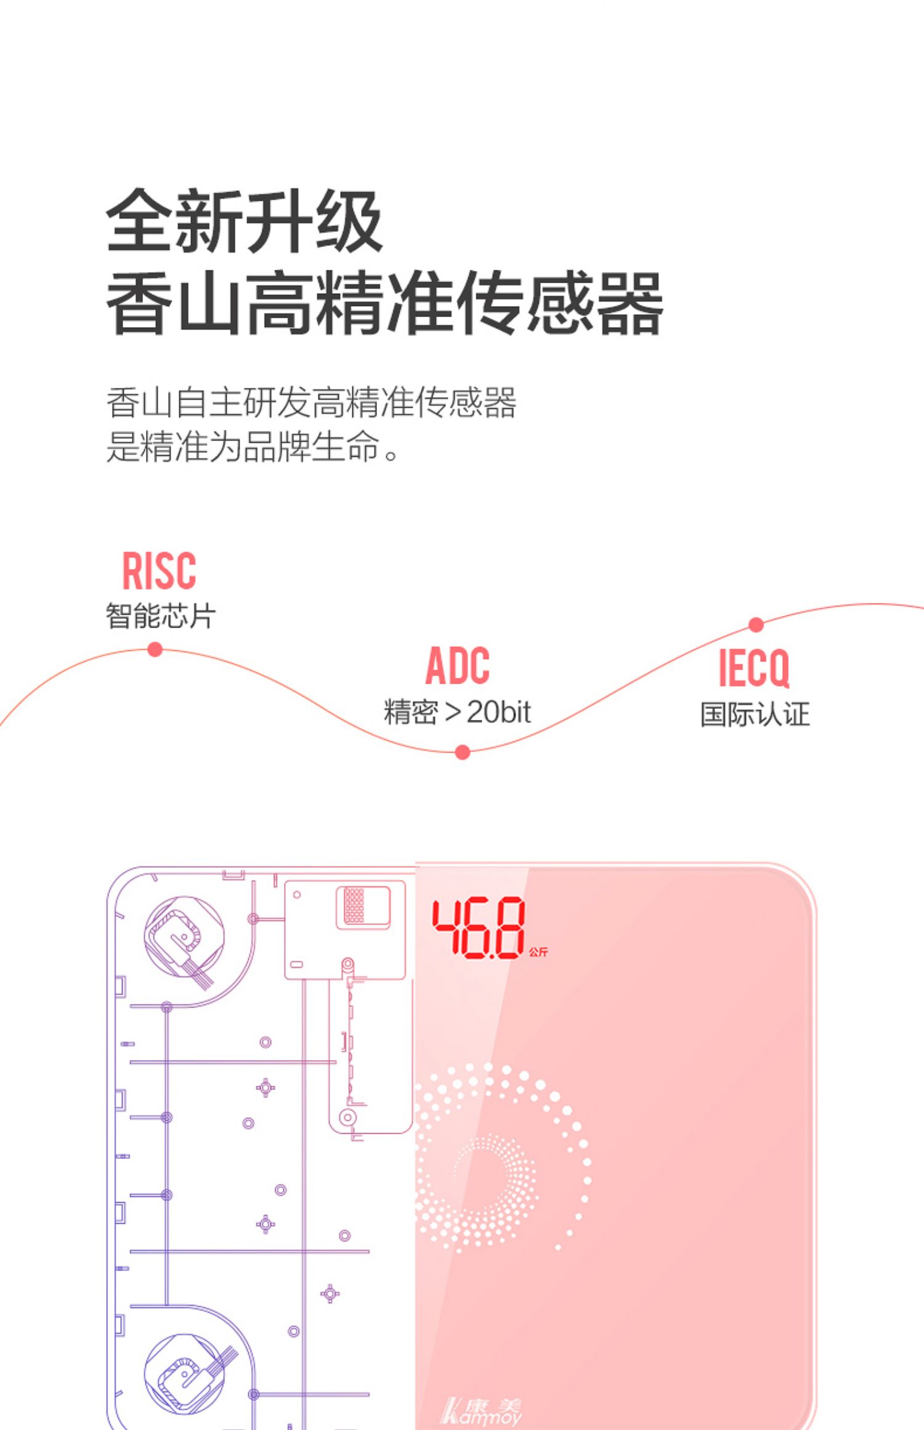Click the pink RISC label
point(159,571)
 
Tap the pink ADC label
point(458,666)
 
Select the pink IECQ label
point(754,668)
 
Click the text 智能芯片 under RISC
point(160,616)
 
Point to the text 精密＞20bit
point(457,712)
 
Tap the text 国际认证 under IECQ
point(755,714)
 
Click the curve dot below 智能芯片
point(155,649)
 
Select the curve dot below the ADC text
point(463,752)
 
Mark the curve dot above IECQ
point(756,624)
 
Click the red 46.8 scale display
point(478,928)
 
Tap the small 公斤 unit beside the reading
point(538,952)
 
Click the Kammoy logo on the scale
point(482,1411)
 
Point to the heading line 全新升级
point(245,220)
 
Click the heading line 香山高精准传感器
point(384,302)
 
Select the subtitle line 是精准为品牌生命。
point(253,446)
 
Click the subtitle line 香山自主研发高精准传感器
point(311,403)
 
